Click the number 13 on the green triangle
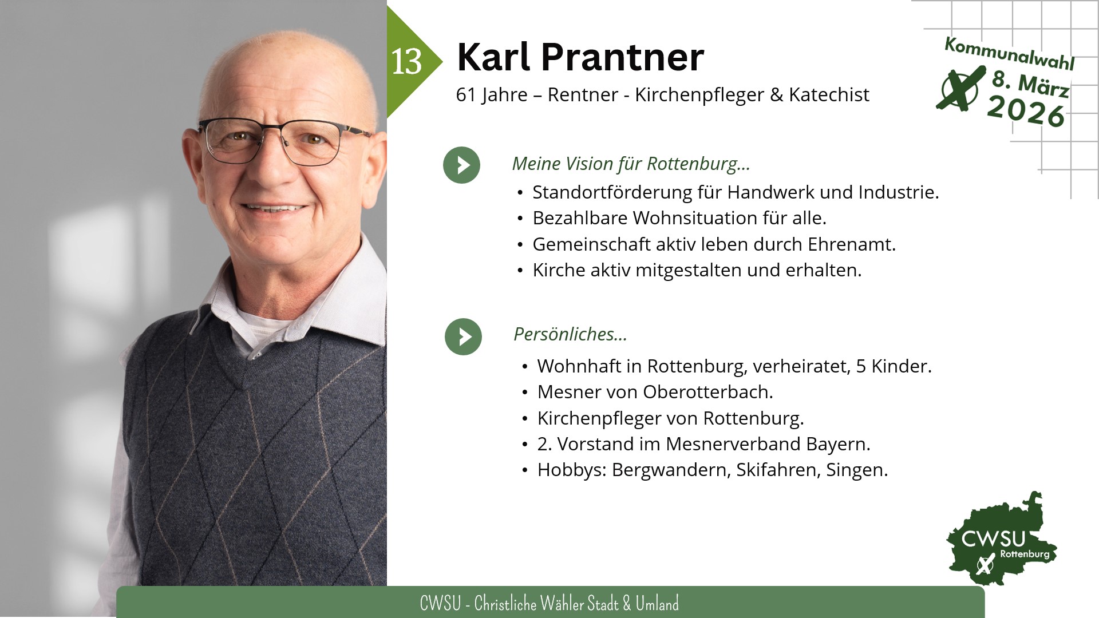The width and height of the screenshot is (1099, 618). [406, 61]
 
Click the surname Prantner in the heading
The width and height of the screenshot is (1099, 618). [622, 57]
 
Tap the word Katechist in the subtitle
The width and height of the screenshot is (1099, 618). [829, 94]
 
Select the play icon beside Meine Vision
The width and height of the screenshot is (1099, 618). [461, 165]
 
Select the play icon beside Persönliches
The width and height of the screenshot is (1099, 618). [463, 336]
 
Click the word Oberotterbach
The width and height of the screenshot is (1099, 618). [708, 392]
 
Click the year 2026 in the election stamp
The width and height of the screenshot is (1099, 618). [1026, 110]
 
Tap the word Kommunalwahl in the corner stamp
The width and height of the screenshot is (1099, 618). [1009, 53]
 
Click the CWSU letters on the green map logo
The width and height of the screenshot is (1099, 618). [993, 539]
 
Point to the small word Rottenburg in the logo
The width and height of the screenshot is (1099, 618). [1025, 554]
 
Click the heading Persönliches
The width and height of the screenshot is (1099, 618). [570, 334]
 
